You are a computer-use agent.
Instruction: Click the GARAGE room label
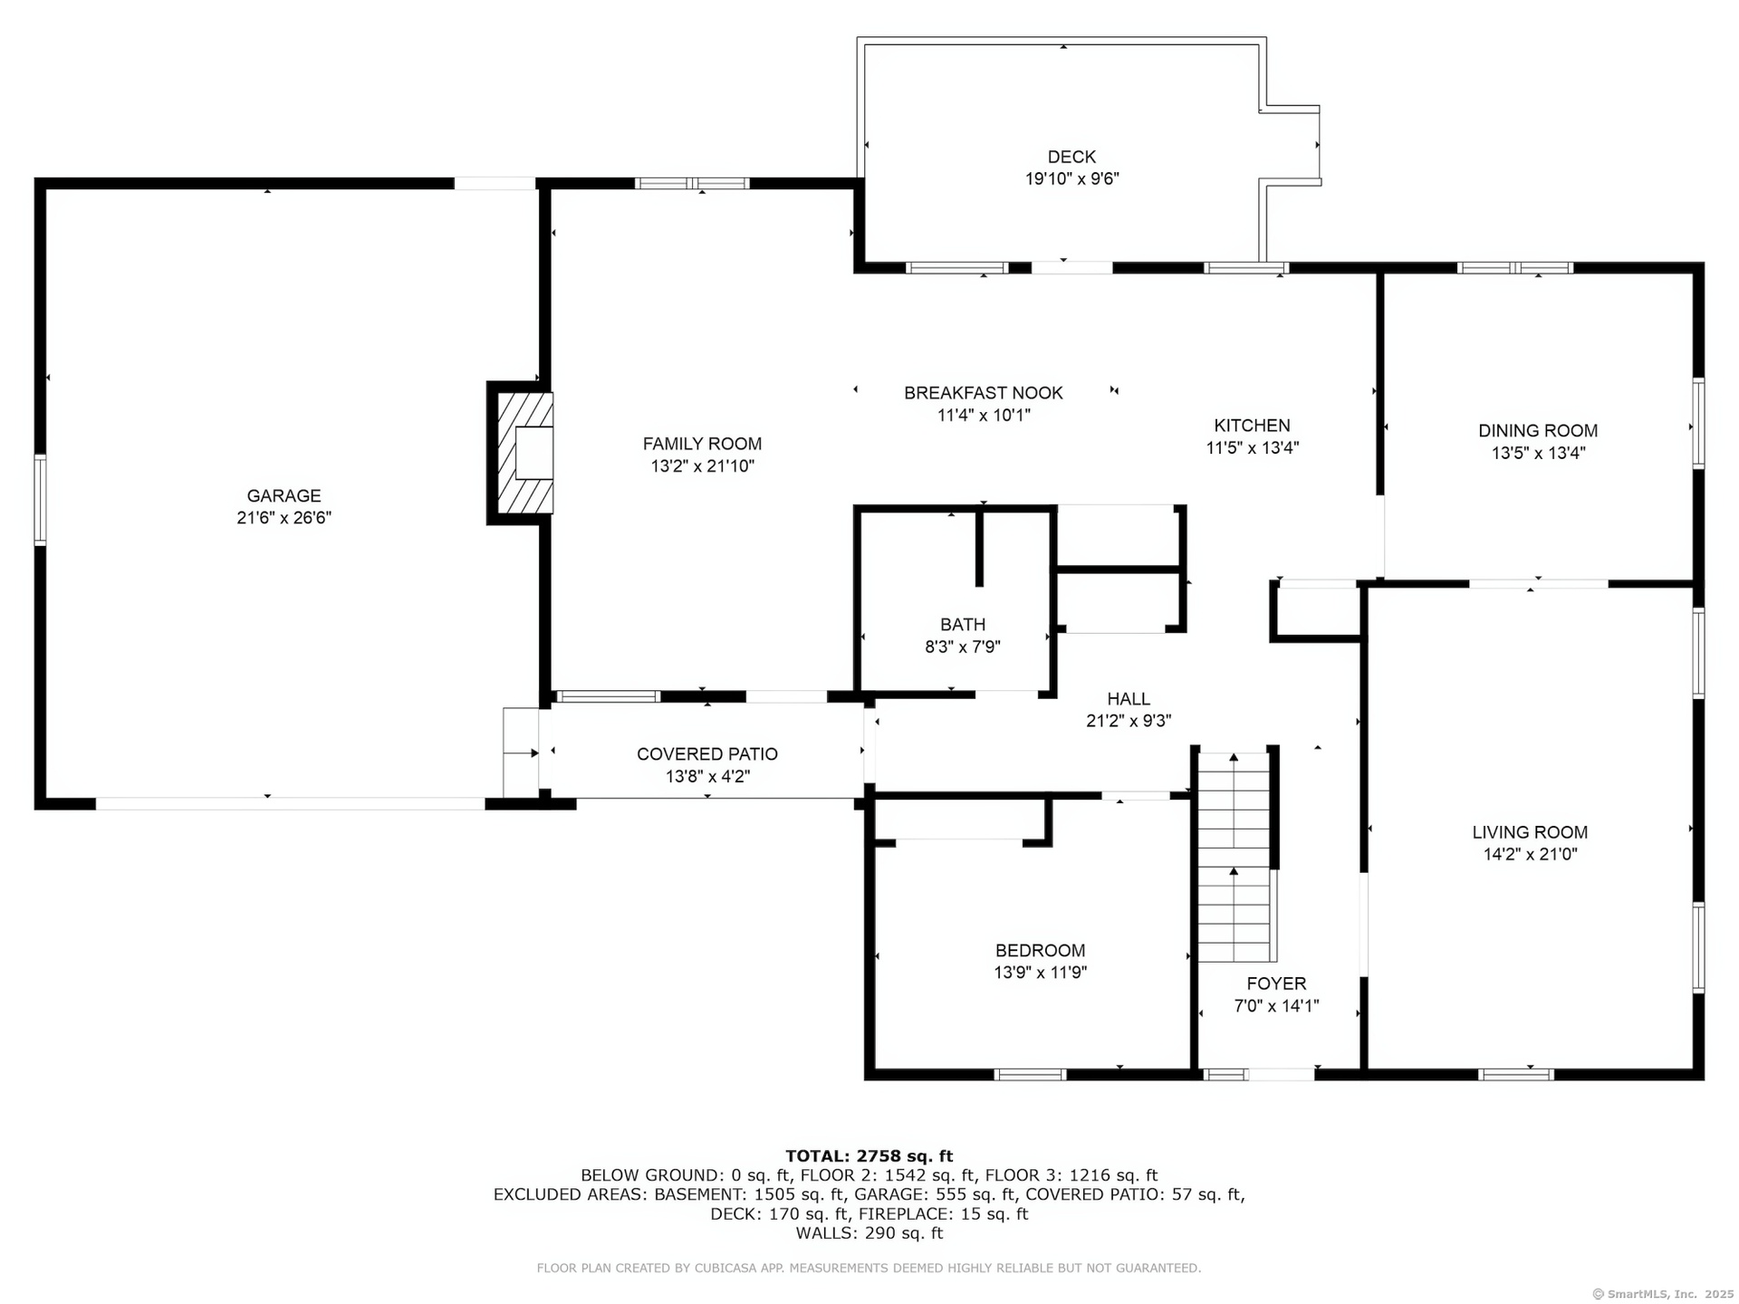tap(283, 495)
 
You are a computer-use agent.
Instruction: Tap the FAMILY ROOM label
tap(702, 444)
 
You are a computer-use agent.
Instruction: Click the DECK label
tap(1071, 157)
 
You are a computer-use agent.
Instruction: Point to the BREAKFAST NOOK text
tap(984, 393)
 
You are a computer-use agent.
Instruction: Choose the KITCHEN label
tap(1252, 426)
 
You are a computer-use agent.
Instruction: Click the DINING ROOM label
tap(1538, 431)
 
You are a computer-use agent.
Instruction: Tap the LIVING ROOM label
tap(1530, 832)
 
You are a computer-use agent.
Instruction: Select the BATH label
tap(963, 625)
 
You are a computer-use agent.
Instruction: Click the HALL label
tap(1129, 699)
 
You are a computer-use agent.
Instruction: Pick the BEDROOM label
tap(1040, 951)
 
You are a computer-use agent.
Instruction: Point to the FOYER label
tap(1276, 983)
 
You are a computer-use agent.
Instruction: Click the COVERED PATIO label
tap(707, 754)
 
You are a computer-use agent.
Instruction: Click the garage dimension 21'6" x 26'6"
tap(284, 518)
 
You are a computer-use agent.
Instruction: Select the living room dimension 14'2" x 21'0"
tap(1530, 854)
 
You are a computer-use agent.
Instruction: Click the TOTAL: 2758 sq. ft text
tap(869, 1155)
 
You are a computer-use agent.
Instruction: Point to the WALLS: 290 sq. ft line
tap(869, 1233)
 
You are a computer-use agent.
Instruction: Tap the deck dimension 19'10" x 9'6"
tap(1072, 179)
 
